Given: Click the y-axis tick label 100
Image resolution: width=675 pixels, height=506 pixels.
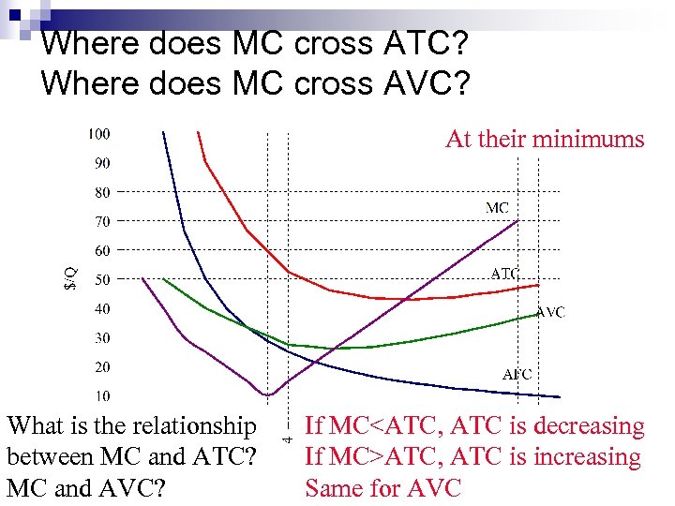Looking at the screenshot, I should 98,133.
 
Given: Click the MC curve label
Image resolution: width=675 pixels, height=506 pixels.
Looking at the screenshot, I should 498,207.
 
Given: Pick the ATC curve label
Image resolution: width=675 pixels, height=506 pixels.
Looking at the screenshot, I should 505,274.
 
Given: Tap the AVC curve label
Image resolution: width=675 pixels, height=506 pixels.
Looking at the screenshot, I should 550,312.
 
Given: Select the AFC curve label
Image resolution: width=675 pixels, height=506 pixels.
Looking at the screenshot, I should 517,374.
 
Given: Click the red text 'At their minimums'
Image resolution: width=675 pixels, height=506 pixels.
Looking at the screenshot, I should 545,140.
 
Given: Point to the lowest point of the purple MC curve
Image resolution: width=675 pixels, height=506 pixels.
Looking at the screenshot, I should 268,394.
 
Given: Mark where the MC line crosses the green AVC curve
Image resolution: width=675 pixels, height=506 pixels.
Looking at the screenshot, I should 335,348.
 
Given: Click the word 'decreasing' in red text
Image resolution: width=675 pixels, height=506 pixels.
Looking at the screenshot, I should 588,426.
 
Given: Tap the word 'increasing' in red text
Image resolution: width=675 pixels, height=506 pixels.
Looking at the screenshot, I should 588,457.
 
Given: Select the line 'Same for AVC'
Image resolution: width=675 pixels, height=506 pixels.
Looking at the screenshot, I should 383,488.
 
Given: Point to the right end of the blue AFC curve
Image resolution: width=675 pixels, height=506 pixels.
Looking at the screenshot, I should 560,395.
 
